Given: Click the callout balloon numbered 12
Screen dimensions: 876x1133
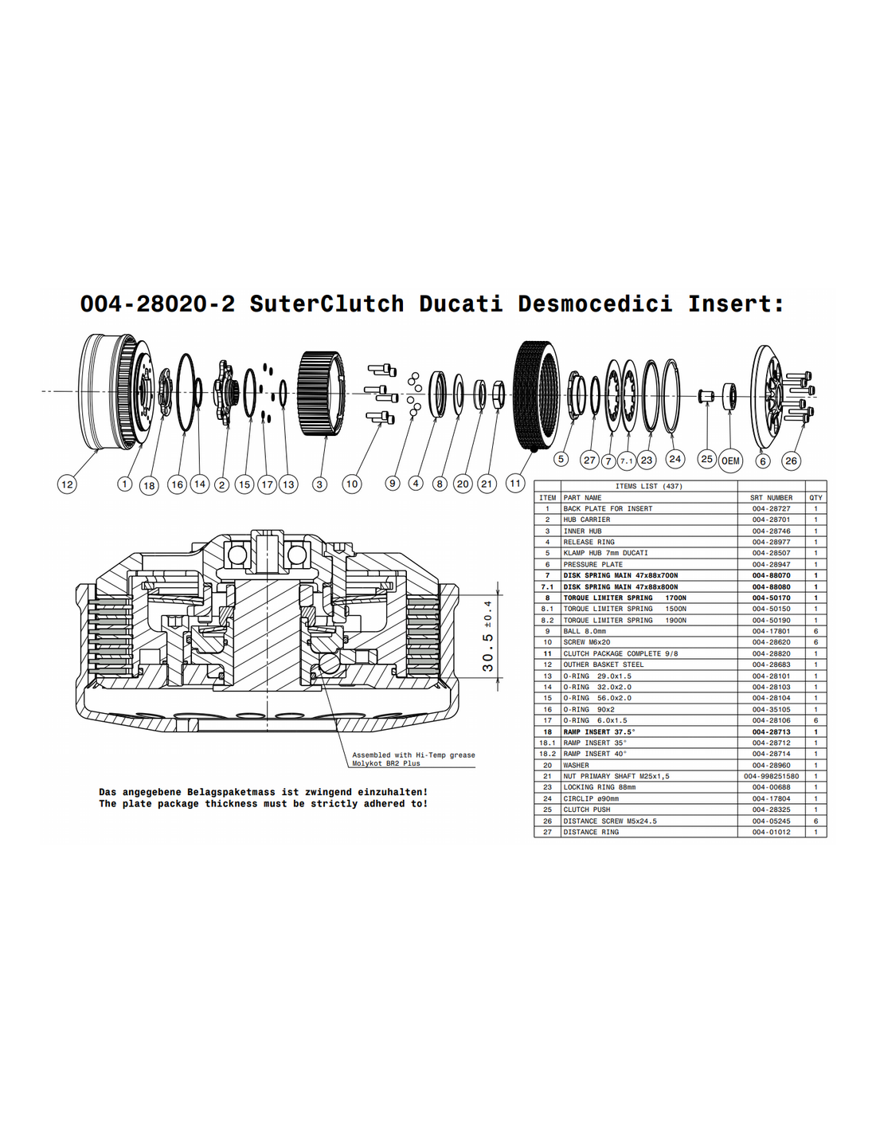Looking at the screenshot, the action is pos(67,484).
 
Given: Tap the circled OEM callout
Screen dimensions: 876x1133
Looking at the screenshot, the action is pos(730,461).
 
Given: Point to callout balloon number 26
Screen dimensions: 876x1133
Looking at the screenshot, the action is pos(791,461).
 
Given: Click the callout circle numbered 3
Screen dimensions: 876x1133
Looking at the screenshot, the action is pos(319,484).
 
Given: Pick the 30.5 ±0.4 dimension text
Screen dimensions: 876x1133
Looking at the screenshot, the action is pos(487,636).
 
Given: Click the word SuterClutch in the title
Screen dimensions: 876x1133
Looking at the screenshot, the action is pos(327,304).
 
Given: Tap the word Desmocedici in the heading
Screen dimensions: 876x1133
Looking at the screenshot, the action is pos(595,304).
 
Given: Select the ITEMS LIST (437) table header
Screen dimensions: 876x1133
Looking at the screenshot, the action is pos(649,486).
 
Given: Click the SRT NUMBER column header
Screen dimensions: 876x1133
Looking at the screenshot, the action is pos(771,497).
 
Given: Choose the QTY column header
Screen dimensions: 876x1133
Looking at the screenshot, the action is pos(815,497).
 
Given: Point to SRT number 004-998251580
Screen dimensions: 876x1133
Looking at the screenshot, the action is pos(771,776).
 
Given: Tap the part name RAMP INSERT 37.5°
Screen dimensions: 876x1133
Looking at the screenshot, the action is pos(600,731).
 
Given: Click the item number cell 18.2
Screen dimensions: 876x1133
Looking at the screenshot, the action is pos(547,754).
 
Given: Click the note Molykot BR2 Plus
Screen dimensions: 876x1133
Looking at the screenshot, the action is pos(386,763).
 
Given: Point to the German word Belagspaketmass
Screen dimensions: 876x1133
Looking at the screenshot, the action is pos(232,792).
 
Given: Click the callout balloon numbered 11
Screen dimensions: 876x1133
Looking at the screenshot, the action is pos(515,484).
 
